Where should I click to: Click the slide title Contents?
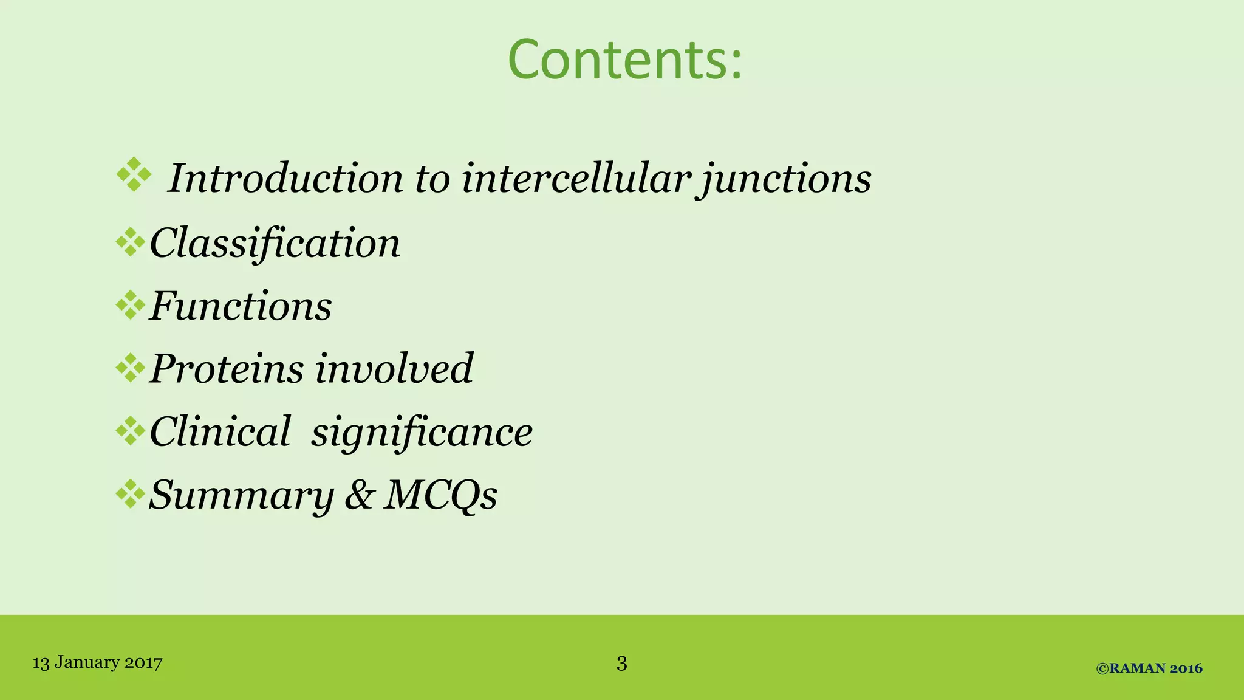[x=624, y=60]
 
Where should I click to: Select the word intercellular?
[x=575, y=179]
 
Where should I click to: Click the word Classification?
[x=275, y=243]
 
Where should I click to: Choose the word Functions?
[x=241, y=306]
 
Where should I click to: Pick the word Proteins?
[x=227, y=368]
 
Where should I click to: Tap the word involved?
[x=394, y=368]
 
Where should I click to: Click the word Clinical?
[x=220, y=431]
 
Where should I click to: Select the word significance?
[x=422, y=433]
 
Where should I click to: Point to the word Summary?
[x=241, y=495]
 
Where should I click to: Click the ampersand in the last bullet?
[x=358, y=495]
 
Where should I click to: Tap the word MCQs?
[x=440, y=495]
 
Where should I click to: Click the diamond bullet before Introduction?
[x=134, y=175]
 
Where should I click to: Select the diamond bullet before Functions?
[x=130, y=305]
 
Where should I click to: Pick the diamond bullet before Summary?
[x=130, y=493]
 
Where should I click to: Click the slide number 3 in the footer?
[x=621, y=663]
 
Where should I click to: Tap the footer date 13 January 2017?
[x=97, y=662]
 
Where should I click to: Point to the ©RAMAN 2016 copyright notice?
[x=1149, y=668]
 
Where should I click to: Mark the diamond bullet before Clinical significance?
[x=130, y=431]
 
